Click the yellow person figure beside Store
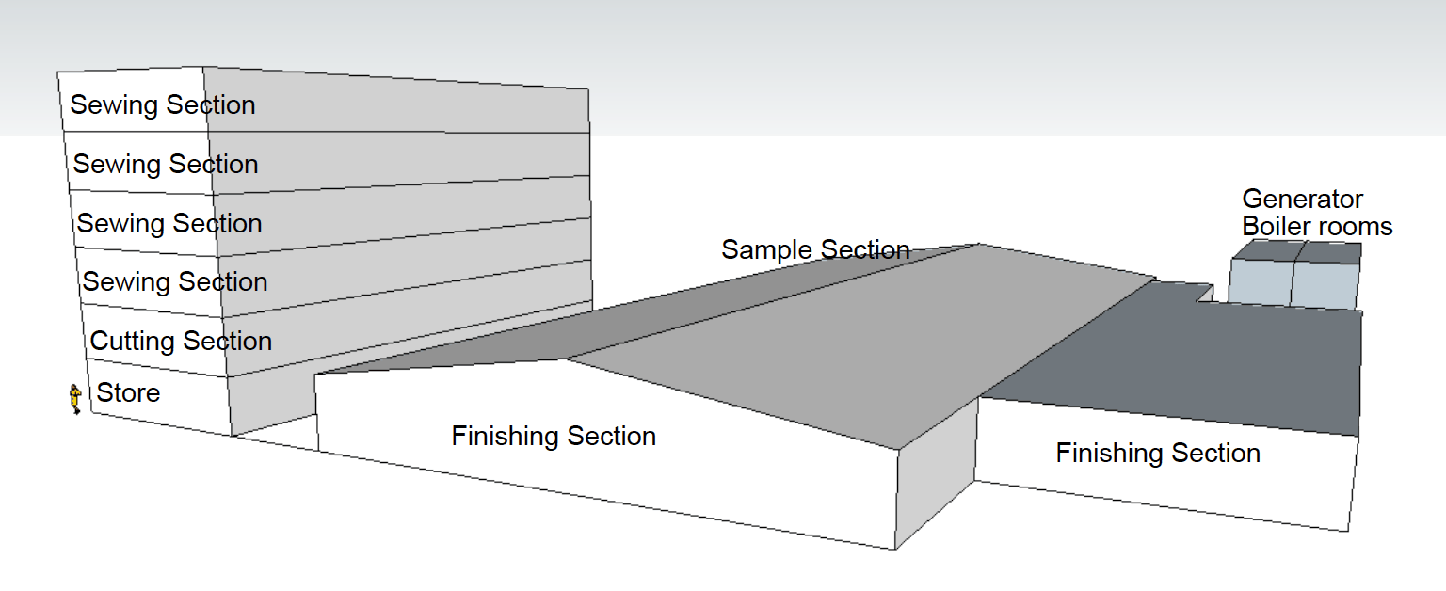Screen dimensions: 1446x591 point(75,399)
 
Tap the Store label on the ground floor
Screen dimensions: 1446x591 point(128,393)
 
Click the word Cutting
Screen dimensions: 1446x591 point(133,342)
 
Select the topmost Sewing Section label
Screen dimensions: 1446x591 point(163,105)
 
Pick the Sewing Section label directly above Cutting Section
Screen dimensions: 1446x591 point(175,282)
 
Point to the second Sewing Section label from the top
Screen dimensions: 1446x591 point(166,165)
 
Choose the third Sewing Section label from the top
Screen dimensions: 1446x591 point(169,224)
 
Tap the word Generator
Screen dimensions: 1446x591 point(1302,199)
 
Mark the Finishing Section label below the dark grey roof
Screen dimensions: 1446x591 point(1158,453)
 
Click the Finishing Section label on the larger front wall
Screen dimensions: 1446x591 point(554,436)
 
